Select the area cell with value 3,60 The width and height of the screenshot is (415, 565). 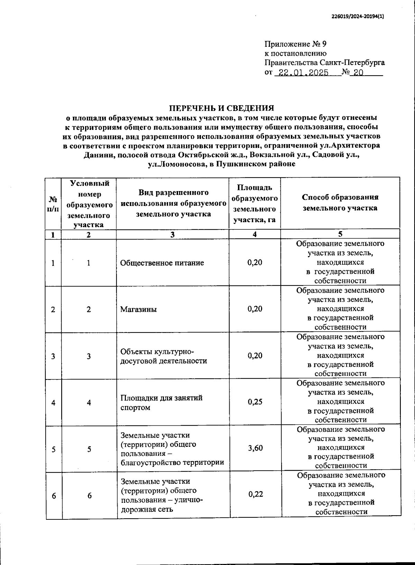point(255,448)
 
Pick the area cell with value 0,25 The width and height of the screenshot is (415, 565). point(255,402)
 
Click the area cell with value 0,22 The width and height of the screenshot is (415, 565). point(256,494)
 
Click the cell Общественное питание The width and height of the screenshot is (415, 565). point(162,263)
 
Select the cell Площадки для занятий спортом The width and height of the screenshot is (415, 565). point(161,403)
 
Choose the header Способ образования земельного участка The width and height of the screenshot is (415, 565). point(340,203)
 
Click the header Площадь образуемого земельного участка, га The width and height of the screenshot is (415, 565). point(255,204)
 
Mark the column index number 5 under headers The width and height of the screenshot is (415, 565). point(340,234)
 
